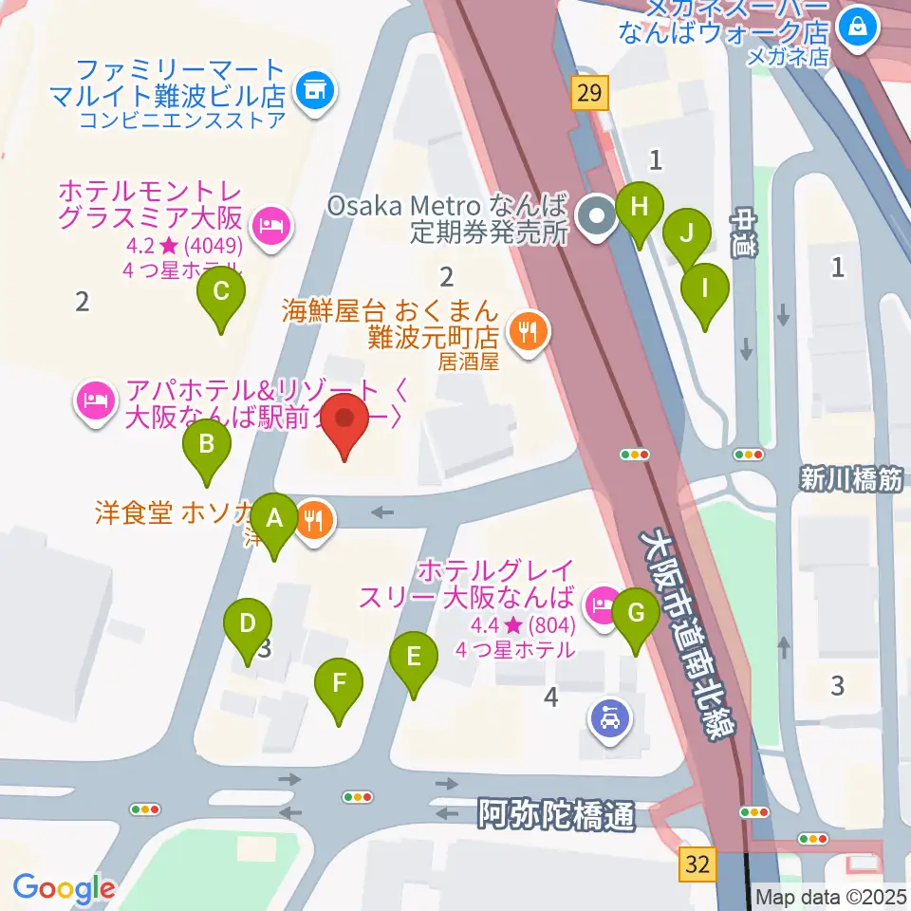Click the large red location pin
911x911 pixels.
pyautogui.click(x=344, y=422)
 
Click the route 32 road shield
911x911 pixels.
pyautogui.click(x=697, y=865)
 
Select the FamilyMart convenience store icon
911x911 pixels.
pyautogui.click(x=313, y=91)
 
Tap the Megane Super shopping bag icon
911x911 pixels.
pyautogui.click(x=858, y=26)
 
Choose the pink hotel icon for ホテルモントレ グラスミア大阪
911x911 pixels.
pyautogui.click(x=271, y=225)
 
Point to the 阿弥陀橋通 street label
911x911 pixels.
pyautogui.click(x=555, y=814)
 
